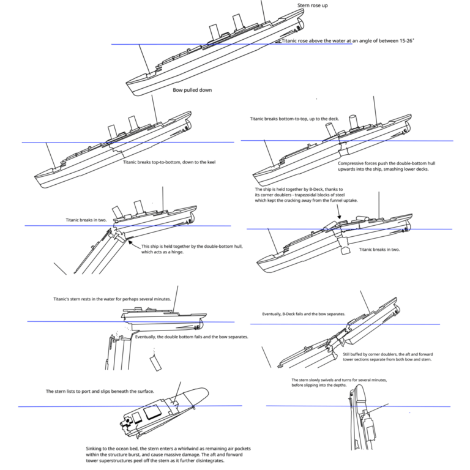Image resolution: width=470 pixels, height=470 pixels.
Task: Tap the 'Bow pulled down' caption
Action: click(x=192, y=90)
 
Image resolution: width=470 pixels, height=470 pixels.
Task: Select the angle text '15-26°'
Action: click(x=403, y=41)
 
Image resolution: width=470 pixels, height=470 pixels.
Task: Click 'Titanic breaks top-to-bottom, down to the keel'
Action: click(x=169, y=162)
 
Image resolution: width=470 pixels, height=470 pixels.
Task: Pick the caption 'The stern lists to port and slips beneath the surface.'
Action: click(x=100, y=391)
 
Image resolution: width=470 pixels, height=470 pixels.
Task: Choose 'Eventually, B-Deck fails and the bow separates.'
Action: click(x=304, y=314)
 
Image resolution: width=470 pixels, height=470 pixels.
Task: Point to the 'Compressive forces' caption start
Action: click(x=356, y=163)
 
